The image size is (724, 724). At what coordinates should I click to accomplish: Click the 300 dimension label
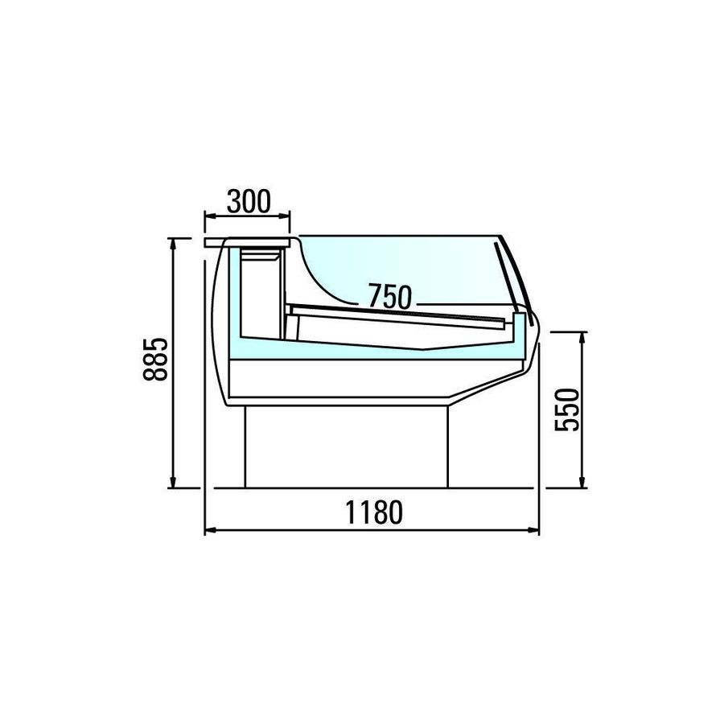[x=249, y=201]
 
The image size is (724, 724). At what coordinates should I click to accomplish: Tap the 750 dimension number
[x=389, y=296]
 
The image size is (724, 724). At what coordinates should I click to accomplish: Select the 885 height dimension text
[x=155, y=360]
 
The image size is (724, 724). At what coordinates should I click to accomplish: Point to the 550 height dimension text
[x=566, y=410]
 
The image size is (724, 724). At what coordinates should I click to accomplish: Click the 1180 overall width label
[x=374, y=512]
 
